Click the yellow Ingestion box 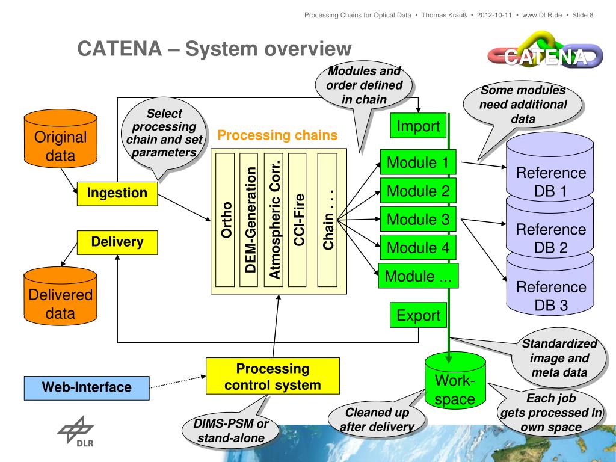[117, 193]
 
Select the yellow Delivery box [117, 242]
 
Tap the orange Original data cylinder [61, 138]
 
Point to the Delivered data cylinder [61, 296]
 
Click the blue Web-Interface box [87, 388]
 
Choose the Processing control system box [273, 376]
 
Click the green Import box [418, 126]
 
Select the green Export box [418, 315]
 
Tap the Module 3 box [418, 219]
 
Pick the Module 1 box [418, 162]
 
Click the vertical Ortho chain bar [225, 220]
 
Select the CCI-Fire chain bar [297, 220]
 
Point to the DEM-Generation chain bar [249, 220]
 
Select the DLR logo [76, 431]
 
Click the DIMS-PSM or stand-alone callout [230, 431]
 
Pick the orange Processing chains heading [277, 135]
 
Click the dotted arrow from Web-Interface [177, 382]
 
